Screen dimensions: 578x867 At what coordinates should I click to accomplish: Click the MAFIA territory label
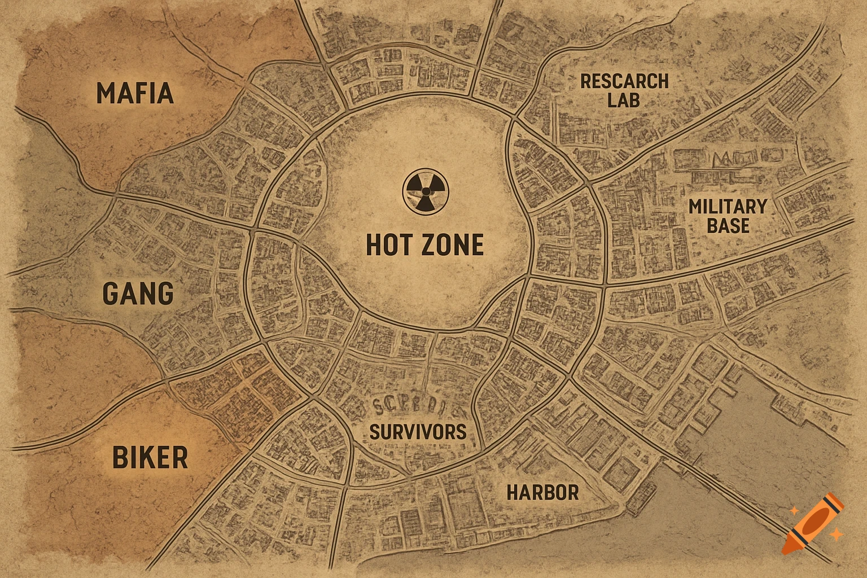coord(135,93)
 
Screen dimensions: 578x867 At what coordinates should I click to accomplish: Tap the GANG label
coord(138,294)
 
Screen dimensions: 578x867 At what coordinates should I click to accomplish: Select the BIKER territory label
coord(150,457)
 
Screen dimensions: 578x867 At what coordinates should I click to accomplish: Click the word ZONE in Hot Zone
coord(454,245)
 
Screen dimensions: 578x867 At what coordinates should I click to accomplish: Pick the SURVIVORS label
coord(418,432)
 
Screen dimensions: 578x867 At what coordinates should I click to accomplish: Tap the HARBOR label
coord(542,492)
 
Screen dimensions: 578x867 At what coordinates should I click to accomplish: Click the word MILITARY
coord(728,207)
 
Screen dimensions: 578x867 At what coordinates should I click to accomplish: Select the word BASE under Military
coord(728,226)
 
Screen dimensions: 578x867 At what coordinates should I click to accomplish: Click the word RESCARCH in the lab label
coord(624,81)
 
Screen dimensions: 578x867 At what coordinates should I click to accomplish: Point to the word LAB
coord(624,100)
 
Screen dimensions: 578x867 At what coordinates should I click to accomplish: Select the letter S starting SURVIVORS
coord(374,432)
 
